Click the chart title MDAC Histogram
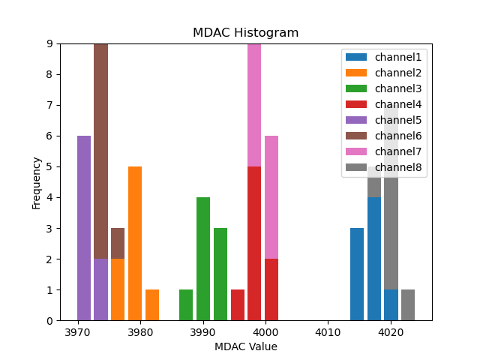pyautogui.click(x=245, y=33)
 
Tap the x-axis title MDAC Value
pyautogui.click(x=245, y=346)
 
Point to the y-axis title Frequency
pyautogui.click(x=36, y=182)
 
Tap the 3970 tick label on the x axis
pyautogui.click(x=78, y=332)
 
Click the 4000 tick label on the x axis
pyautogui.click(x=265, y=332)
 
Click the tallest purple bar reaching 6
pyautogui.click(x=84, y=228)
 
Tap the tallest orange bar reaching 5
pyautogui.click(x=135, y=243)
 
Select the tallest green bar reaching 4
pyautogui.click(x=203, y=259)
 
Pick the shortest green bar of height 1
pyautogui.click(x=186, y=305)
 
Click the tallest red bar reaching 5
pyautogui.click(x=254, y=243)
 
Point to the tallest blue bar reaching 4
pyautogui.click(x=374, y=259)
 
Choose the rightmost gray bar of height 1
pyautogui.click(x=408, y=305)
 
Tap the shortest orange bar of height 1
pyautogui.click(x=152, y=305)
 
